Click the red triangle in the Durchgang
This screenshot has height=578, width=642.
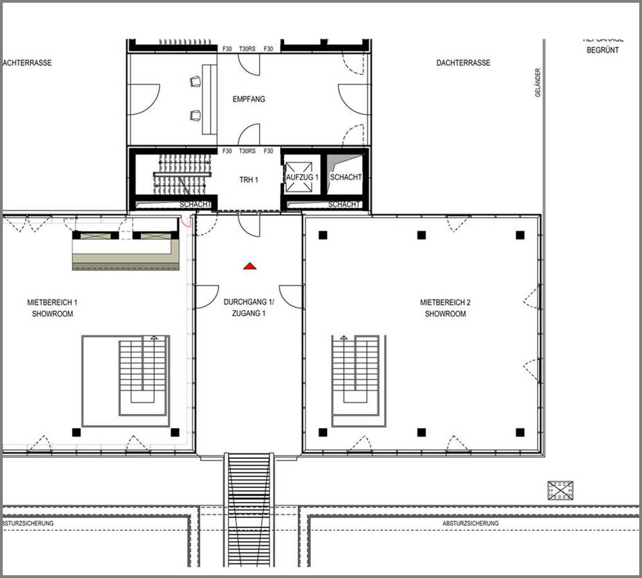(x=250, y=265)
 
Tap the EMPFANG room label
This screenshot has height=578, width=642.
(x=249, y=100)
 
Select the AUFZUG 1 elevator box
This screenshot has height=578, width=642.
(x=303, y=177)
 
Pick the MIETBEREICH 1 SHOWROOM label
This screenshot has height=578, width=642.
(x=53, y=308)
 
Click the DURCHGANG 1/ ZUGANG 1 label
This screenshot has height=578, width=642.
(x=249, y=308)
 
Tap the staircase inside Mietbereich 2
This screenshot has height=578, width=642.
(x=355, y=380)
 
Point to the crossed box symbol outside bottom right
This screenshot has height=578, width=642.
(x=560, y=490)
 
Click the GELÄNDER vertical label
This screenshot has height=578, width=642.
(x=538, y=82)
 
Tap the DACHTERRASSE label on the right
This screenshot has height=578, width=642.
(x=463, y=63)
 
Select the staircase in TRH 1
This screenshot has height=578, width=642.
(x=181, y=174)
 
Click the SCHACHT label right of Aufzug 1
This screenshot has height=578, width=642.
(x=346, y=178)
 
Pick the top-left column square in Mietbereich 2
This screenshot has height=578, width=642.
(x=323, y=235)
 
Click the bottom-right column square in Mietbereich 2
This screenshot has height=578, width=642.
(x=520, y=433)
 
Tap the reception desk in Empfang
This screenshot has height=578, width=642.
(x=208, y=100)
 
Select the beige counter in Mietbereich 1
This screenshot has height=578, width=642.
(x=127, y=253)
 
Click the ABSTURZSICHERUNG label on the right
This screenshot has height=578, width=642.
(x=471, y=523)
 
